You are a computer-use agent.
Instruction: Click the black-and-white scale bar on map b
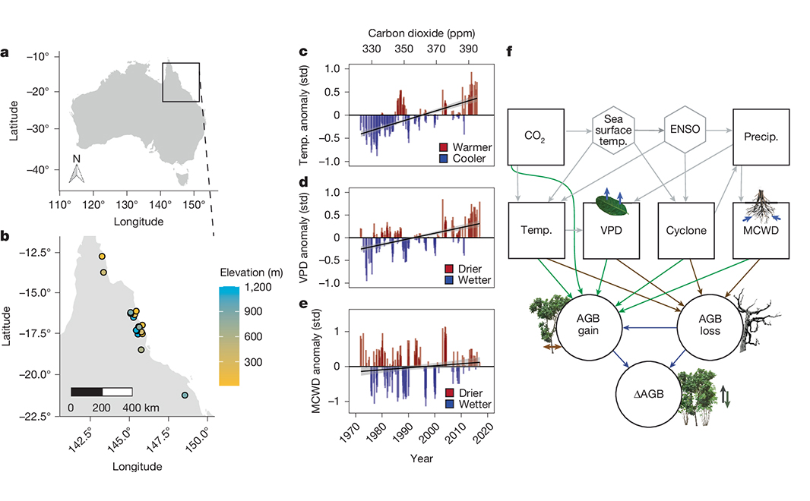click(x=101, y=392)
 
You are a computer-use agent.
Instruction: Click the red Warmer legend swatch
click(x=443, y=147)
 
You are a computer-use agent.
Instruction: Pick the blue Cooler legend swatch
click(x=443, y=159)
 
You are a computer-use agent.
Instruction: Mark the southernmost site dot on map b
click(x=185, y=395)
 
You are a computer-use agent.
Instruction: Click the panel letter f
click(x=508, y=53)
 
